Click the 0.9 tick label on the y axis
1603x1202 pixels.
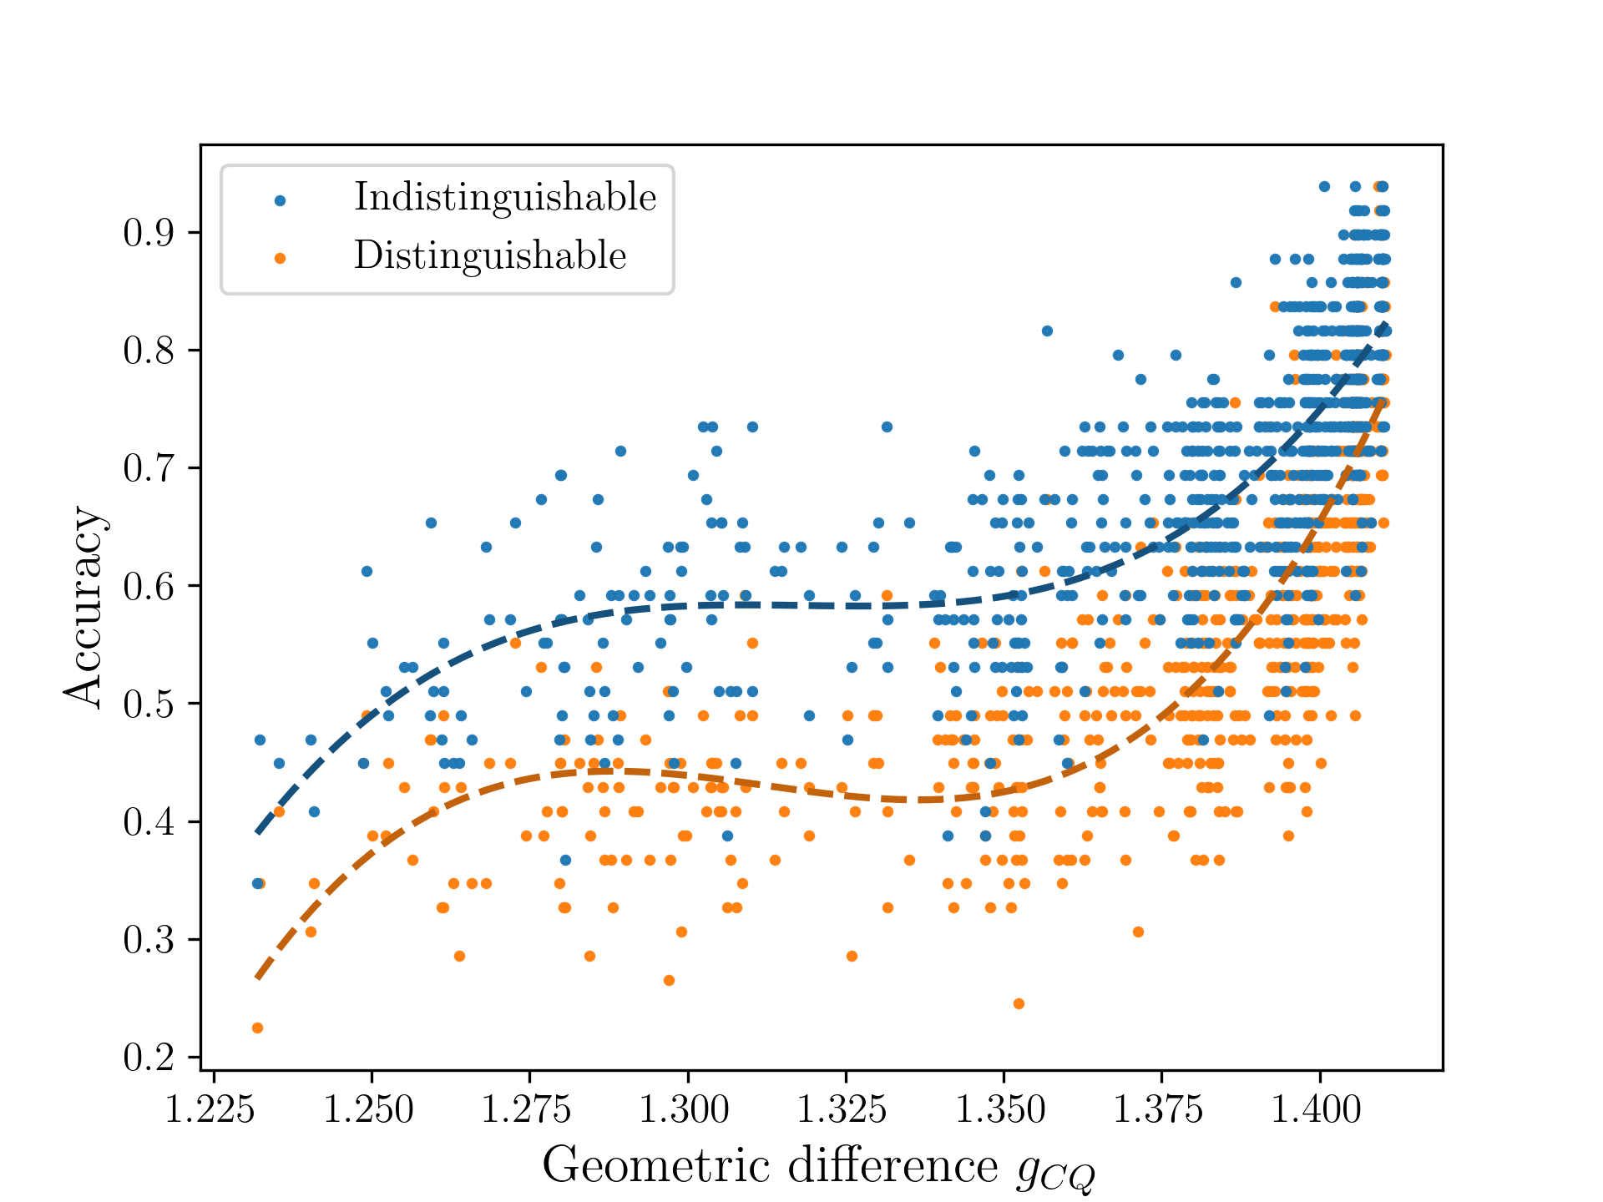point(149,233)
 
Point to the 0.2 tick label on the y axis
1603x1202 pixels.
point(149,1058)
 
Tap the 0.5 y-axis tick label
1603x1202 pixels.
point(149,705)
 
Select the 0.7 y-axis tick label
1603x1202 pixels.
point(149,469)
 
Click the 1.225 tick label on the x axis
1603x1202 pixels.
point(211,1110)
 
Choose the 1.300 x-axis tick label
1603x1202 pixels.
point(685,1110)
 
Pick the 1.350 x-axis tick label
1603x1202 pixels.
point(1002,1110)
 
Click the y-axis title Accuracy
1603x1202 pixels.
point(83,607)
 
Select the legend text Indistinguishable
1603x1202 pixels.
point(505,198)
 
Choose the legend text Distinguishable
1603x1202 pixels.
point(490,255)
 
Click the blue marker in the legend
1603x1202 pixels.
point(281,200)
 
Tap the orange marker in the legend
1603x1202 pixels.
point(281,259)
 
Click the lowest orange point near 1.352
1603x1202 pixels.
point(1019,1003)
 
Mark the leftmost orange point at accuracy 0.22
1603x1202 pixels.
point(257,1028)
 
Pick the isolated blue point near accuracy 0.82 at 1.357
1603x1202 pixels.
point(1047,331)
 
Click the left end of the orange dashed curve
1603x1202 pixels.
point(258,977)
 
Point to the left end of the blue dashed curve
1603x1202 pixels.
point(258,832)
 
